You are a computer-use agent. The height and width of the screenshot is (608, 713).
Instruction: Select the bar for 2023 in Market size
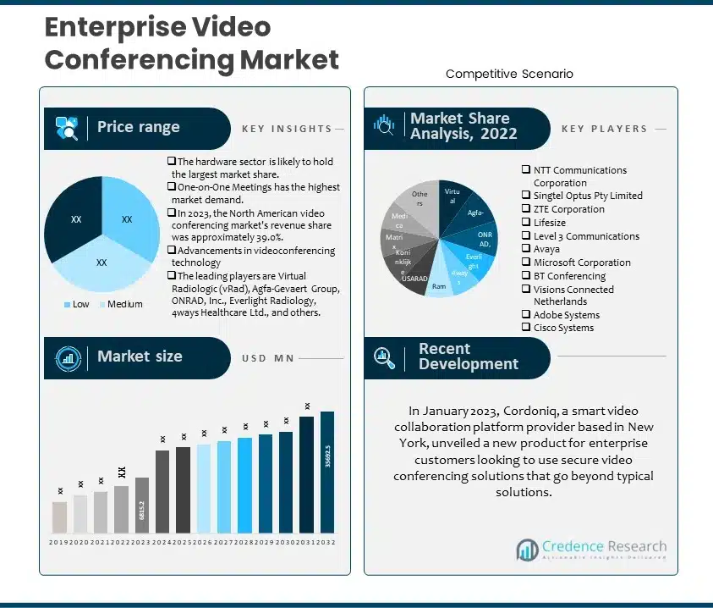(x=142, y=505)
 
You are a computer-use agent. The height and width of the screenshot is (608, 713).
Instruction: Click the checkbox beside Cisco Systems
(x=526, y=328)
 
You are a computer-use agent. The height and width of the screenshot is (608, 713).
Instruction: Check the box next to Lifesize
(x=526, y=223)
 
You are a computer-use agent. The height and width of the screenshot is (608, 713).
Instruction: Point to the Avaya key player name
(x=546, y=249)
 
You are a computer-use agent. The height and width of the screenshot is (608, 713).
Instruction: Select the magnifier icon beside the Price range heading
(x=67, y=128)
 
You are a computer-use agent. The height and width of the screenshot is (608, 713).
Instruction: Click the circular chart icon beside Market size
(x=67, y=357)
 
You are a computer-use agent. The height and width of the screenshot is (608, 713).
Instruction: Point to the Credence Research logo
(x=591, y=549)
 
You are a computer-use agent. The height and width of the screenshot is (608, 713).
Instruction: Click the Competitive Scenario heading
(x=509, y=74)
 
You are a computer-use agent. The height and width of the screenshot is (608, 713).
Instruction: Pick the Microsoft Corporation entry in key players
(x=582, y=263)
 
